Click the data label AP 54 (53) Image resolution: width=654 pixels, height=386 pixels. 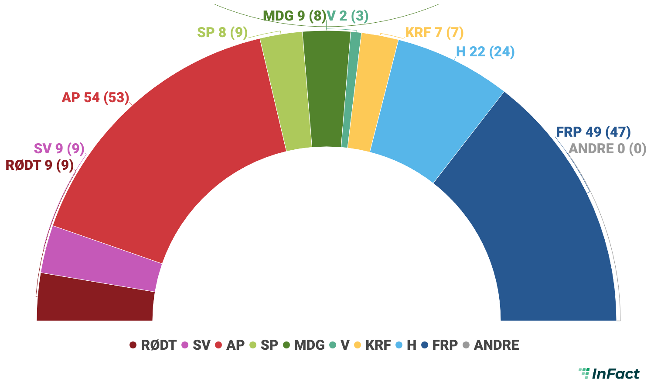95,97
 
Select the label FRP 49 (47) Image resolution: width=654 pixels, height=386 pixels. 593,132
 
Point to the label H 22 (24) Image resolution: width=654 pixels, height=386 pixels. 485,52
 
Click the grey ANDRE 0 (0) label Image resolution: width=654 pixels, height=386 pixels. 607,149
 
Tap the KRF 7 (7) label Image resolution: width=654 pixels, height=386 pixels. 434,33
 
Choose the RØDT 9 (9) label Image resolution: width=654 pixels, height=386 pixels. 39,165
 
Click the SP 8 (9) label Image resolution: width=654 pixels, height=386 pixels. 222,32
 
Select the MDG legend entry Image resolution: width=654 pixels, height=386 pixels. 304,345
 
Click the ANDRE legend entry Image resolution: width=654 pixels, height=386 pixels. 491,345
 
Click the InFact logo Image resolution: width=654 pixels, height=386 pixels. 609,373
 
